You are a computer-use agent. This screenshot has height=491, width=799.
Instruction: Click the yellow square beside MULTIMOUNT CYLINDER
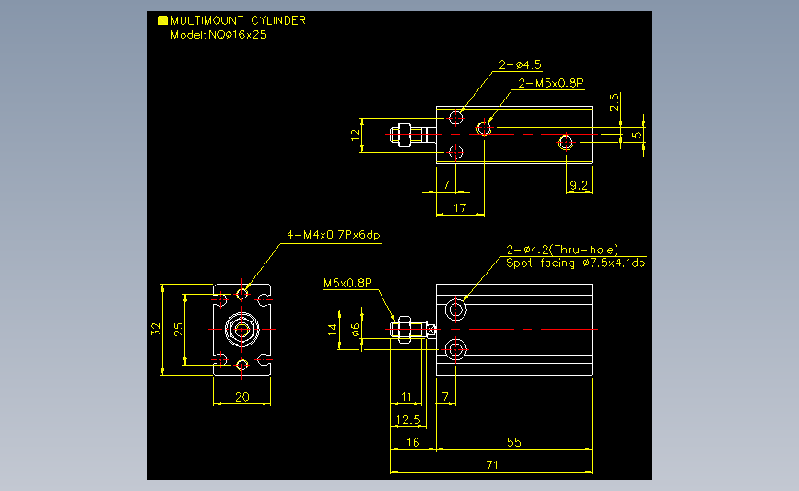[x=162, y=20]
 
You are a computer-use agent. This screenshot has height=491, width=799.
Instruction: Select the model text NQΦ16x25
[x=238, y=35]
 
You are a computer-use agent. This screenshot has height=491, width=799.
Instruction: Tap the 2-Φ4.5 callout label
[x=520, y=64]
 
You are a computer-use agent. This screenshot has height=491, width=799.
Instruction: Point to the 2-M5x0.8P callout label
[x=551, y=83]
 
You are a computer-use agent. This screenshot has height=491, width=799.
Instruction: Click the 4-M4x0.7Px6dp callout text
[x=334, y=235]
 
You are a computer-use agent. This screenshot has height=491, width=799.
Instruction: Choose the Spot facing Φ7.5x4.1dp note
[x=576, y=263]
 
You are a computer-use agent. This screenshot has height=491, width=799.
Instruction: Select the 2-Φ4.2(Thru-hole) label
[x=562, y=250]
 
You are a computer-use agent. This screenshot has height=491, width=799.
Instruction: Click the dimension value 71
[x=492, y=464]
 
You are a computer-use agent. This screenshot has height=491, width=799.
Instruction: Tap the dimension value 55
[x=513, y=442]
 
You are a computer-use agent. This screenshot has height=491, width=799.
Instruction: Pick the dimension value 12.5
[x=408, y=420]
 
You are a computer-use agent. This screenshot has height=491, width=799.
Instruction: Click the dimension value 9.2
[x=579, y=185]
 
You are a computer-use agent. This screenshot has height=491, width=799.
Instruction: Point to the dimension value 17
[x=460, y=208]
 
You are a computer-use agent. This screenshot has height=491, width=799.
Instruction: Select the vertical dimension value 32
[x=156, y=330]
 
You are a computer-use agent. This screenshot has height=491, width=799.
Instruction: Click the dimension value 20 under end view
[x=242, y=397]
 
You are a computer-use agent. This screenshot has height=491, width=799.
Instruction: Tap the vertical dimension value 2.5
[x=614, y=102]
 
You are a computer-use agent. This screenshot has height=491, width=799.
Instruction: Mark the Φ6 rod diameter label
[x=356, y=330]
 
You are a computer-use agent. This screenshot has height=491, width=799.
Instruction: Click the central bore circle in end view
[x=242, y=330]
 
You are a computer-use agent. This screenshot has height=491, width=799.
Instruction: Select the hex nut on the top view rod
[x=404, y=135]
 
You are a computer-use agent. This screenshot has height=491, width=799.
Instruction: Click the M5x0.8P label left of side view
[x=347, y=283]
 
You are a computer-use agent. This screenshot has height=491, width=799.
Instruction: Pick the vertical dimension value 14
[x=333, y=330]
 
